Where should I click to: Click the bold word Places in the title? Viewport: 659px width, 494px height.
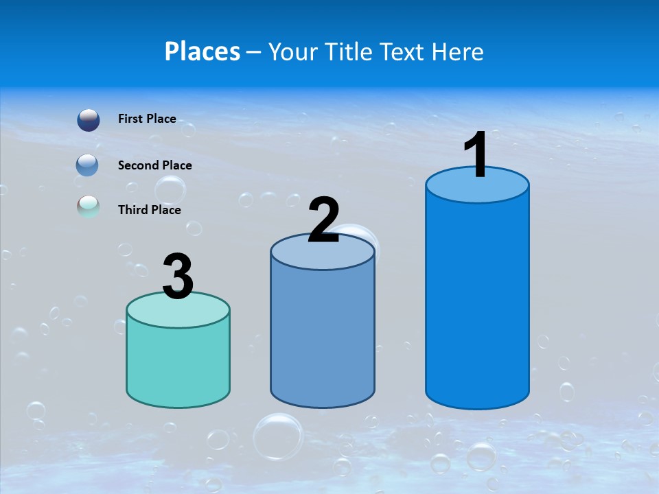(x=203, y=51)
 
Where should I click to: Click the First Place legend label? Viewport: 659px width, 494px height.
(x=147, y=119)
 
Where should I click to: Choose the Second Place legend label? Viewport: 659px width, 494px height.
(x=154, y=165)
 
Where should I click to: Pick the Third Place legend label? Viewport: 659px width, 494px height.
(x=150, y=210)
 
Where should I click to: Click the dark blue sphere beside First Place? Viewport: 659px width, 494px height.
(x=89, y=120)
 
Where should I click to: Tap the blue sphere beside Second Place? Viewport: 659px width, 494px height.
(x=89, y=165)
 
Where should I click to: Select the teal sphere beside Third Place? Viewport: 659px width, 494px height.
(x=89, y=207)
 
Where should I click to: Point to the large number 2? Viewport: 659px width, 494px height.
(x=324, y=220)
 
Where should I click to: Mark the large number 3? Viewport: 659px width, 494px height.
(x=178, y=277)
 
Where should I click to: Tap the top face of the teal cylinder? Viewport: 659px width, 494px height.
(x=178, y=311)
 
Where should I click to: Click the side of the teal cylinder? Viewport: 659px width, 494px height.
(x=178, y=364)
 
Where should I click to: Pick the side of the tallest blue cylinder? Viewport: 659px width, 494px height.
(x=477, y=302)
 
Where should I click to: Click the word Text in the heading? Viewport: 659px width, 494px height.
(x=405, y=51)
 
